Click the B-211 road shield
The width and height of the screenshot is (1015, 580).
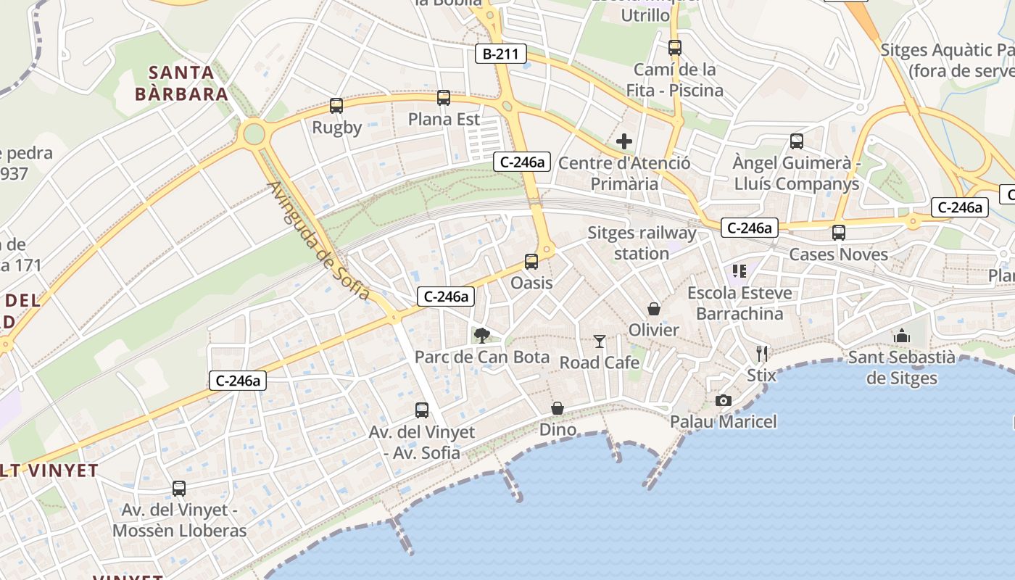tap(500, 53)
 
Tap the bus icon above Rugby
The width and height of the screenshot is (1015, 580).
tap(336, 106)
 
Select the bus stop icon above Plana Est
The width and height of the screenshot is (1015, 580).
tap(444, 97)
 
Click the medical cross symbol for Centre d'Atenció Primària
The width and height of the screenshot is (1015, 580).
tap(623, 141)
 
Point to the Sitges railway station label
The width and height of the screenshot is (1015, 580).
tap(642, 243)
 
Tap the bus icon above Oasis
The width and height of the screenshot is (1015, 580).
tap(531, 262)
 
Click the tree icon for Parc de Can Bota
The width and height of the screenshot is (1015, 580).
tap(481, 335)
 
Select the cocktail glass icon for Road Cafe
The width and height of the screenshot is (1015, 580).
tap(600, 341)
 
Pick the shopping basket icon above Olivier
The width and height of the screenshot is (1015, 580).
tap(654, 309)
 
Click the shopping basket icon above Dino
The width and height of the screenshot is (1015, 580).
tap(558, 409)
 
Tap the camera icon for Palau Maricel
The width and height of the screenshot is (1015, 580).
tap(723, 400)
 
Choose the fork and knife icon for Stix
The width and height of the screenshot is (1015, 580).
tap(761, 354)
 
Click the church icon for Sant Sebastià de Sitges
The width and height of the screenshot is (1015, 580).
tap(902, 336)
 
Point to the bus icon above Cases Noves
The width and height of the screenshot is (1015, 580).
tap(839, 233)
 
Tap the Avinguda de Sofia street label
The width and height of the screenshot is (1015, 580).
tap(319, 241)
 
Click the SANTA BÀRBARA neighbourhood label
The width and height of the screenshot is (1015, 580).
tap(181, 83)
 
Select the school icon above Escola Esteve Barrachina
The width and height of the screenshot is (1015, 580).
tap(739, 271)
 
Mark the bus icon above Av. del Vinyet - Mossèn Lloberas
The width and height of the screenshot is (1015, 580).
tap(179, 489)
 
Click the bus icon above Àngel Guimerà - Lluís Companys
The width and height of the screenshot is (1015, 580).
tap(797, 141)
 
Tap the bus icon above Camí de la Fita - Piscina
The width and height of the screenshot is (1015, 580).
tap(675, 48)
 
